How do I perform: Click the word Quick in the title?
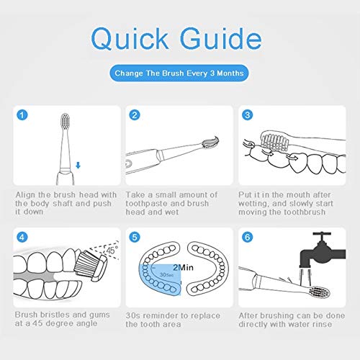[130, 39]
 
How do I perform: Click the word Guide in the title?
[221, 38]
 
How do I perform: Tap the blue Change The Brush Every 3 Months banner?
[179, 73]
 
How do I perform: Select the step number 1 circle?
[22, 115]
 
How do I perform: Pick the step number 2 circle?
[135, 115]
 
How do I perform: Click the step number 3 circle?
[247, 115]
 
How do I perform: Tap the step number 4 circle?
[22, 237]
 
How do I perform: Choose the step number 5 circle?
[135, 237]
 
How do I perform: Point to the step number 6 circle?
[247, 237]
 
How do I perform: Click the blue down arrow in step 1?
[78, 165]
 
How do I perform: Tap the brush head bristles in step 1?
[65, 120]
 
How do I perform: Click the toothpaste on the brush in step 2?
[211, 142]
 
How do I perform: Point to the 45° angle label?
[112, 251]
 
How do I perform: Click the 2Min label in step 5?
[183, 267]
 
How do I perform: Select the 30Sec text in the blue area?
[166, 274]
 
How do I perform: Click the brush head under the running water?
[320, 292]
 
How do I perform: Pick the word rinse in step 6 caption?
[321, 324]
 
